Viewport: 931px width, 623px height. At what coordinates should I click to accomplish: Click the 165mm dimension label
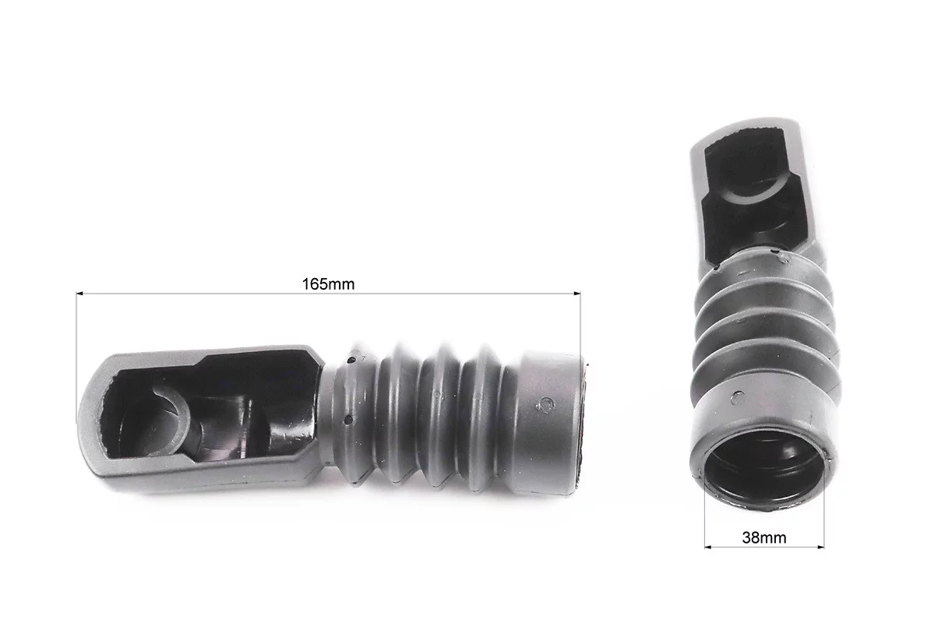pos(328,284)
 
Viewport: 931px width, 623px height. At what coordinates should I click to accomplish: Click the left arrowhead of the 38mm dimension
pos(707,547)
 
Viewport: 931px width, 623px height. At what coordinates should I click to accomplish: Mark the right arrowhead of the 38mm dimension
pos(820,547)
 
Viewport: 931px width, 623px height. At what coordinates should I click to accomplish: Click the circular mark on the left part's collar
pos(545,405)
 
